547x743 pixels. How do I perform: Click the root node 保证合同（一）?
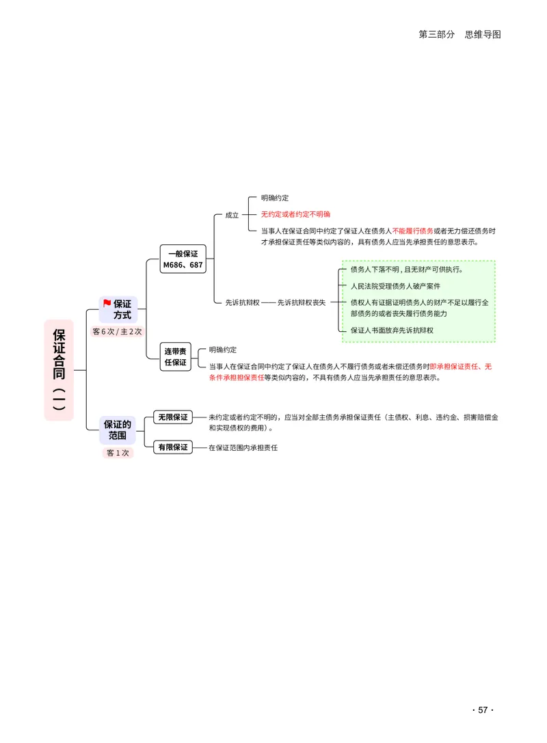click(59, 370)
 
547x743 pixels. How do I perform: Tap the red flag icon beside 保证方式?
click(107, 303)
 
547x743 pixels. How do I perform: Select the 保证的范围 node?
click(118, 430)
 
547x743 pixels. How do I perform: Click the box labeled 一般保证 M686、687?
click(183, 259)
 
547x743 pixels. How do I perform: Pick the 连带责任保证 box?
click(175, 357)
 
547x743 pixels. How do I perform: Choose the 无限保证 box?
click(173, 417)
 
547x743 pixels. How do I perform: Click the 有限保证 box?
click(173, 447)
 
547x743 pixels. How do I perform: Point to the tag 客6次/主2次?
click(117, 332)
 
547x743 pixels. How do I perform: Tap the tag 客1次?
click(118, 453)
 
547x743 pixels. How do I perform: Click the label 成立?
click(232, 215)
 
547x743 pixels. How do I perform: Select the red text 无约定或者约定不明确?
click(295, 214)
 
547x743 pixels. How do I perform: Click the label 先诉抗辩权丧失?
click(302, 302)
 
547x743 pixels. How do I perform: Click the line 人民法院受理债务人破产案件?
click(395, 286)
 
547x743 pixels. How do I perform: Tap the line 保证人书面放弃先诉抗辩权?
click(392, 330)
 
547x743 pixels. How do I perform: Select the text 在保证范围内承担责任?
click(243, 448)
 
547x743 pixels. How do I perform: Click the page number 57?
click(483, 710)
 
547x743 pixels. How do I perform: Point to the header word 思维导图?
click(483, 34)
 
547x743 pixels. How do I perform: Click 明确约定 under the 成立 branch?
click(275, 198)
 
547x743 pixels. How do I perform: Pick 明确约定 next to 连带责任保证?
click(223, 350)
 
